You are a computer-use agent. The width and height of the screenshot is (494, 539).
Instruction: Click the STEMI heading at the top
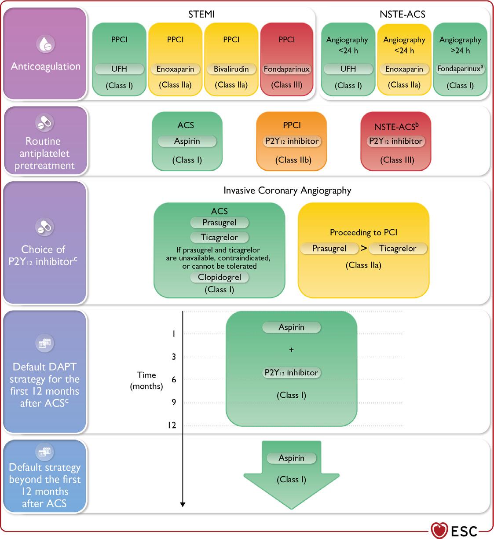coord(201,14)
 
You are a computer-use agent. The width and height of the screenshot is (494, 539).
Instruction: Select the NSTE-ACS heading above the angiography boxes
coord(402,14)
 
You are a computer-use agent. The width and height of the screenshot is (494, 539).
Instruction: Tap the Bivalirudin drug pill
coord(231,69)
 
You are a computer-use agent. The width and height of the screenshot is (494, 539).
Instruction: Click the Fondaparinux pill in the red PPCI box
coord(286,69)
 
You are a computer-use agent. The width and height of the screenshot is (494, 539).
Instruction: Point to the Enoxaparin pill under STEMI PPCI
coord(175,69)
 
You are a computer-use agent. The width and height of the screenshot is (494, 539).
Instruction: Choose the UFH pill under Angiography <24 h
coord(348,69)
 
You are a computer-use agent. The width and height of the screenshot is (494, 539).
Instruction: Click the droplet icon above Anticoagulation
coord(45,45)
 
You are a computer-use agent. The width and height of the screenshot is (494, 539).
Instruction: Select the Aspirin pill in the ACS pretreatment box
coord(187,141)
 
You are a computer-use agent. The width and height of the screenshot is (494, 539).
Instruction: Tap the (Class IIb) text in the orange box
coord(292,160)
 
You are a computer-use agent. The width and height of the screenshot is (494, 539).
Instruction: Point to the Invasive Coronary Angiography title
coord(287,191)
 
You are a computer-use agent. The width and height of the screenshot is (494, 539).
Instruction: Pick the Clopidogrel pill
coord(219,277)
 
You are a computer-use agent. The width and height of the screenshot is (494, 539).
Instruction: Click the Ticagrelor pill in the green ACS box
coord(219,237)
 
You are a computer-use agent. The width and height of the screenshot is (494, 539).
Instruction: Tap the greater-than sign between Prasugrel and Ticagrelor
coord(364,248)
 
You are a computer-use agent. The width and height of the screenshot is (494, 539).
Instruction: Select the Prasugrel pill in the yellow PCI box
coord(329,248)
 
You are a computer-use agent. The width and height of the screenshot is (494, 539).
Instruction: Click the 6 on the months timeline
coord(174,379)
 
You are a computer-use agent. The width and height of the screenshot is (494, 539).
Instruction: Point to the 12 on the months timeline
coord(172,425)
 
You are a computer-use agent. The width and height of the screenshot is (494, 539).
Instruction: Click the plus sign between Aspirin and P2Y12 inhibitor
coord(291,350)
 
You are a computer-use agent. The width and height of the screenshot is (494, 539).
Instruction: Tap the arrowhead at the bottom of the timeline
coord(183,504)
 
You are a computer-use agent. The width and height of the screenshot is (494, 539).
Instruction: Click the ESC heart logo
coord(439,530)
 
